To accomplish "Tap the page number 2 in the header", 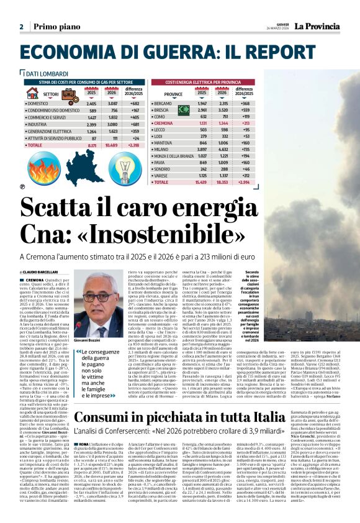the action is coord(21,27).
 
